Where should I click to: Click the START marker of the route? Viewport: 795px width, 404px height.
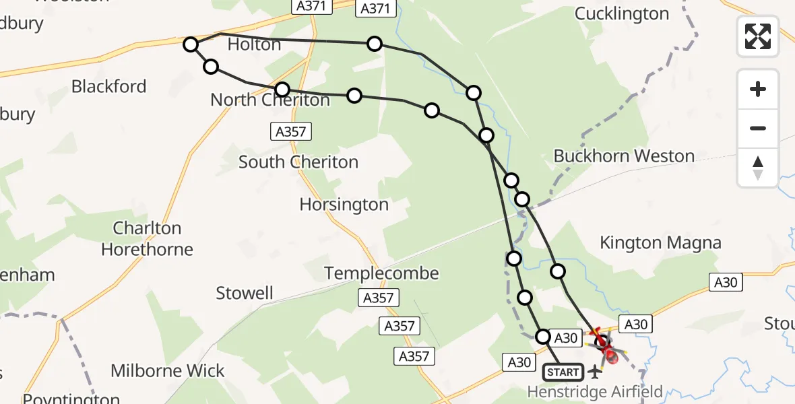pyautogui.click(x=563, y=372)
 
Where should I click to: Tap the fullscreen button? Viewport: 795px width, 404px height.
pyautogui.click(x=758, y=36)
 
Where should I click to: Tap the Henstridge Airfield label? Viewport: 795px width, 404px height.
pyautogui.click(x=595, y=391)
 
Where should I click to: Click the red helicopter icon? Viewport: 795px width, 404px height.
pyautogui.click(x=606, y=350)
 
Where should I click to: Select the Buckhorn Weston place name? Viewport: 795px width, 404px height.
pyautogui.click(x=624, y=156)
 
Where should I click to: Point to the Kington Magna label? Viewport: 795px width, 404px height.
pyautogui.click(x=660, y=243)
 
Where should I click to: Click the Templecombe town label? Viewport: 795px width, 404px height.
pyautogui.click(x=381, y=273)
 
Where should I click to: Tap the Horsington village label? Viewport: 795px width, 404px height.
pyautogui.click(x=344, y=205)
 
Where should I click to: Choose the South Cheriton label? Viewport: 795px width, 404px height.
pyautogui.click(x=298, y=162)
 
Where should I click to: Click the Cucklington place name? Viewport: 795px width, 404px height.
pyautogui.click(x=622, y=14)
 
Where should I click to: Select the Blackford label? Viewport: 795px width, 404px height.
pyautogui.click(x=108, y=87)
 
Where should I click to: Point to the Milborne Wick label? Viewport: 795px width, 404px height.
pyautogui.click(x=168, y=371)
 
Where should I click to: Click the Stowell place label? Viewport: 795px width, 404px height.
pyautogui.click(x=245, y=294)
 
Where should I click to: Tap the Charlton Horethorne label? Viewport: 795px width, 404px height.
pyautogui.click(x=147, y=239)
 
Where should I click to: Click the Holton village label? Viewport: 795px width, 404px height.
pyautogui.click(x=254, y=45)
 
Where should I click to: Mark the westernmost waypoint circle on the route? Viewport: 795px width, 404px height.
pyautogui.click(x=191, y=45)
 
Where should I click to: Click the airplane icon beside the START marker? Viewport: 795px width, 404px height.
pyautogui.click(x=594, y=371)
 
